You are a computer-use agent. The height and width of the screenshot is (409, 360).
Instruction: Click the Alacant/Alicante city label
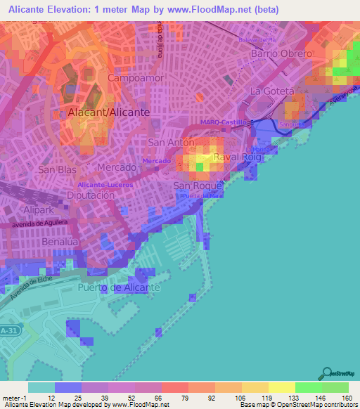108,112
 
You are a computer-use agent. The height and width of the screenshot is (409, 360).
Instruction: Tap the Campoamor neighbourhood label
136,78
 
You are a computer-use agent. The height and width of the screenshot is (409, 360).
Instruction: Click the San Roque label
198,186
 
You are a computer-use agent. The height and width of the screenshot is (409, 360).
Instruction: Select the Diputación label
90,195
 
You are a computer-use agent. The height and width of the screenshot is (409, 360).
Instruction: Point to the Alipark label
34,209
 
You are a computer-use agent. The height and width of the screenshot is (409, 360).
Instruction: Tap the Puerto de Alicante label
120,288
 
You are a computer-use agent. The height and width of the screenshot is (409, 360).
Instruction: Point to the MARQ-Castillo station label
224,122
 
